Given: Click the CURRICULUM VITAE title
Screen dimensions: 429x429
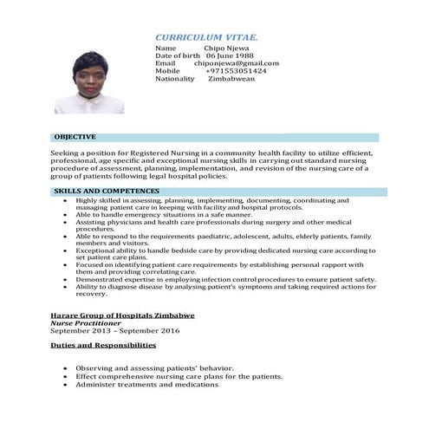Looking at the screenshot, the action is pos(206,38).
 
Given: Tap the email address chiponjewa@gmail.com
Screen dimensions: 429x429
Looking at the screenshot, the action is pos(237,63).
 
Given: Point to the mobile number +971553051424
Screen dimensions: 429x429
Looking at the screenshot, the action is pos(236,71).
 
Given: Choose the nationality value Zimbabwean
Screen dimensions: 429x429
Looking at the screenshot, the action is pos(231,79).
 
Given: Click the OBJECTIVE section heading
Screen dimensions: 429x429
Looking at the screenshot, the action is pos(75,137).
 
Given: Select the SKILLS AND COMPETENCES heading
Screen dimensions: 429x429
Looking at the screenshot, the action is pos(106,191).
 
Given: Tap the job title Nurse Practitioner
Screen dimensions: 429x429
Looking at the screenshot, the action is pos(85,323).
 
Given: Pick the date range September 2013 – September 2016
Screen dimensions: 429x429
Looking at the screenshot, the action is pos(114,331).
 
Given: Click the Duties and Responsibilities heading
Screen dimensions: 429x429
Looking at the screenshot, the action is pos(103,345).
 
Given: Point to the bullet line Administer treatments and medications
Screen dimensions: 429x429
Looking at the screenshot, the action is pos(146,385).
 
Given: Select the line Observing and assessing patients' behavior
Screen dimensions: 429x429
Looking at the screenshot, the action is pos(154,368).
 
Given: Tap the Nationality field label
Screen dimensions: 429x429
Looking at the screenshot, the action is pos(175,79).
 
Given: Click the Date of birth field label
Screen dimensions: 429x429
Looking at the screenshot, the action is pos(179,55).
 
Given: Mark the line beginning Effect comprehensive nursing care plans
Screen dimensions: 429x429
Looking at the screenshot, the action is pos(179,377).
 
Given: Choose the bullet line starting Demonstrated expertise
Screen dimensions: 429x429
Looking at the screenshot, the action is pos(225,280).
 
